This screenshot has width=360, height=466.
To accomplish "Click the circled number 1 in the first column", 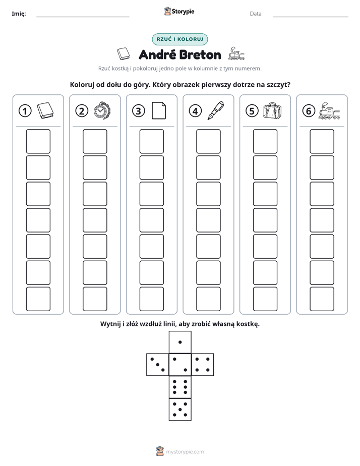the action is click(x=25, y=111).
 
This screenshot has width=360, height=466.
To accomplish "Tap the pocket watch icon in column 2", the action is click(x=102, y=111).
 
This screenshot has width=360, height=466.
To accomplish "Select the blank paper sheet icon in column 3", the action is click(x=159, y=110).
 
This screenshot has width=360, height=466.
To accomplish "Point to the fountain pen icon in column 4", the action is click(x=216, y=110).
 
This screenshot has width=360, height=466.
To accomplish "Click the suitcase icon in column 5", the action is click(x=272, y=111).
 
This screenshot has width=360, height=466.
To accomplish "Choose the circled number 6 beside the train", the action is click(x=309, y=111).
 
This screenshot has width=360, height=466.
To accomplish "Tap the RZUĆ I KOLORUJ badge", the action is click(x=179, y=39).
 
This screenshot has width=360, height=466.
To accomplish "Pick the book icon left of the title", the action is click(x=123, y=54).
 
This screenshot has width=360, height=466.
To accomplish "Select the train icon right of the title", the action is click(x=236, y=54).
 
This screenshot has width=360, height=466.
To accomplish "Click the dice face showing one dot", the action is click(x=180, y=342).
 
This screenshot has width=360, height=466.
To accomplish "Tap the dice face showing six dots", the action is click(x=180, y=387).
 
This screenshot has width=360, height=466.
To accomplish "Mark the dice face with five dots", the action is click(x=180, y=409).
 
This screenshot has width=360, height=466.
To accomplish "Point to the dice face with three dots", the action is click(x=158, y=365).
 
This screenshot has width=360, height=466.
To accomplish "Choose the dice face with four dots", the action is click(x=203, y=365).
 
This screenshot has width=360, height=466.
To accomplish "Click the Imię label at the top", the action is click(x=19, y=14).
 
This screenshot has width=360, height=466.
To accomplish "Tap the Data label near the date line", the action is click(x=256, y=14).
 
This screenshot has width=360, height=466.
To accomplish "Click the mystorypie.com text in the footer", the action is click(x=185, y=452).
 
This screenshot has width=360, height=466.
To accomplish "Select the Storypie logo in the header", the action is click(x=179, y=12).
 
